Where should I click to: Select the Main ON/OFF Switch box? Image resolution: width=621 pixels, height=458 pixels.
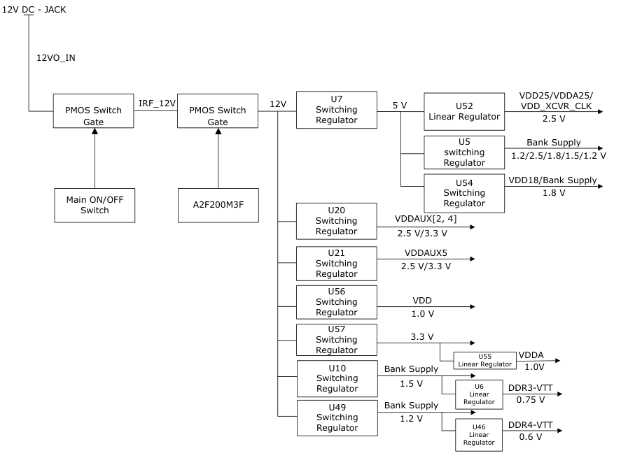[x=95, y=205]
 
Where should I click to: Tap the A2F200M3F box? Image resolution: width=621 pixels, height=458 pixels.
[x=218, y=205]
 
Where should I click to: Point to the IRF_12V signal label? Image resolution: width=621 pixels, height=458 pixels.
[x=157, y=103]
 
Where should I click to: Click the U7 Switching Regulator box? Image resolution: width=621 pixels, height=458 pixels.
[x=336, y=110]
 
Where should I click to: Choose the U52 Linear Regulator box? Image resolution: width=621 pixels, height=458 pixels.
[x=464, y=111]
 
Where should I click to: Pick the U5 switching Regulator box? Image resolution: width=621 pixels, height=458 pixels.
[x=464, y=152]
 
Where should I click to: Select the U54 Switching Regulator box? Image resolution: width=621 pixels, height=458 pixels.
[x=464, y=193]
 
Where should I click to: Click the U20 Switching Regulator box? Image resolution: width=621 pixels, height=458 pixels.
[x=336, y=221]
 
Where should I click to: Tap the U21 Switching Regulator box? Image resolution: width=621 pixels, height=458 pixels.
[x=336, y=264]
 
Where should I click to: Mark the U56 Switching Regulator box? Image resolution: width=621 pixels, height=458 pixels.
[x=336, y=302]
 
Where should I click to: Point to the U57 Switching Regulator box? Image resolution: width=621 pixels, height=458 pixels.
[x=336, y=340]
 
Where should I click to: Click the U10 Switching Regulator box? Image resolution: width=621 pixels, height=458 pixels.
[x=337, y=378]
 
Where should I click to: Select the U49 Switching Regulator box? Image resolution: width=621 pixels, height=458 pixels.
[x=337, y=417]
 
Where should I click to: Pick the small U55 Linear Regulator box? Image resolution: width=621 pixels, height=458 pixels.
[x=484, y=360]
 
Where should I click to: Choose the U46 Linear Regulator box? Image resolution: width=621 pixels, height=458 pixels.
[x=479, y=435]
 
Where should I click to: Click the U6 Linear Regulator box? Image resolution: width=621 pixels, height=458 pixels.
[x=479, y=394]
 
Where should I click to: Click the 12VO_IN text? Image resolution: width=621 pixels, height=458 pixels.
[x=56, y=58]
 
